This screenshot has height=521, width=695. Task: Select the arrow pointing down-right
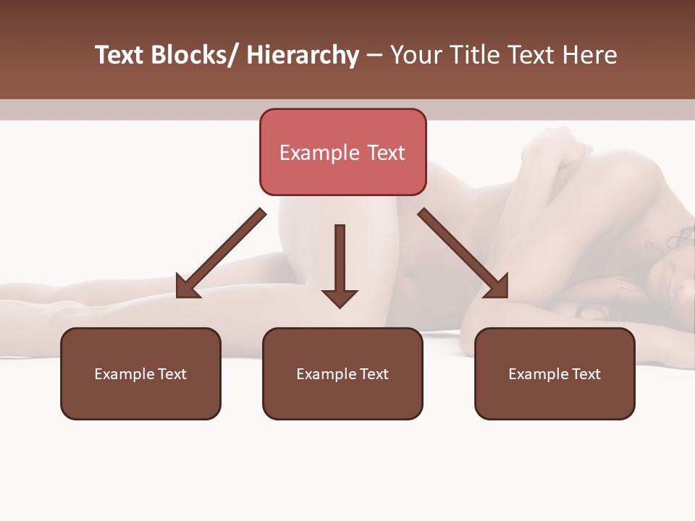462,253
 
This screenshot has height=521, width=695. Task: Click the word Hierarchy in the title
303,55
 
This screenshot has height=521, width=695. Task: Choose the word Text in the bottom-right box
584,374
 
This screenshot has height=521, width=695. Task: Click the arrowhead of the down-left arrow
188,286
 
